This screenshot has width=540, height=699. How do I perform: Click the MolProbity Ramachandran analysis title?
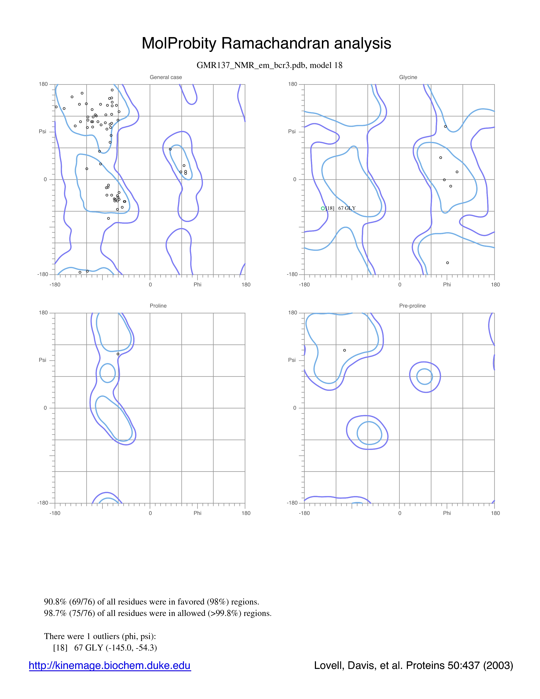[266, 43]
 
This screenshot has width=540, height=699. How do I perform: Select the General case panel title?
[166, 77]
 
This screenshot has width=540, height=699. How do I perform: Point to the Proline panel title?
[158, 306]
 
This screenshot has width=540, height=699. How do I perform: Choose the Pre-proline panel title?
[412, 306]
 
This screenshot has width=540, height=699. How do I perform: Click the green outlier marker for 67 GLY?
[323, 208]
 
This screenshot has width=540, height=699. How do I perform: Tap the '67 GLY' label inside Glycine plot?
[347, 208]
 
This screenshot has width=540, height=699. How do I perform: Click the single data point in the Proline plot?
[118, 354]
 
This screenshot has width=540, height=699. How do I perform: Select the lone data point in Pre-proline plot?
[345, 350]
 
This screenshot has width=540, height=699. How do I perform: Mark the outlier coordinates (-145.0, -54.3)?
[131, 648]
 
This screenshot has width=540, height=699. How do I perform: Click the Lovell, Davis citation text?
[413, 665]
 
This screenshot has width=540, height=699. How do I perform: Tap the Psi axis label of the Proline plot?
[43, 360]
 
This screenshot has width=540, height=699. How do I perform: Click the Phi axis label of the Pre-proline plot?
[447, 513]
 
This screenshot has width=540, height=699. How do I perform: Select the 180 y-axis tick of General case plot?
[43, 84]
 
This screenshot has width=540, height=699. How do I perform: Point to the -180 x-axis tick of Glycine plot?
[304, 284]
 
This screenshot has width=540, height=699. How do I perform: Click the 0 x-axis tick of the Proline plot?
[150, 513]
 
